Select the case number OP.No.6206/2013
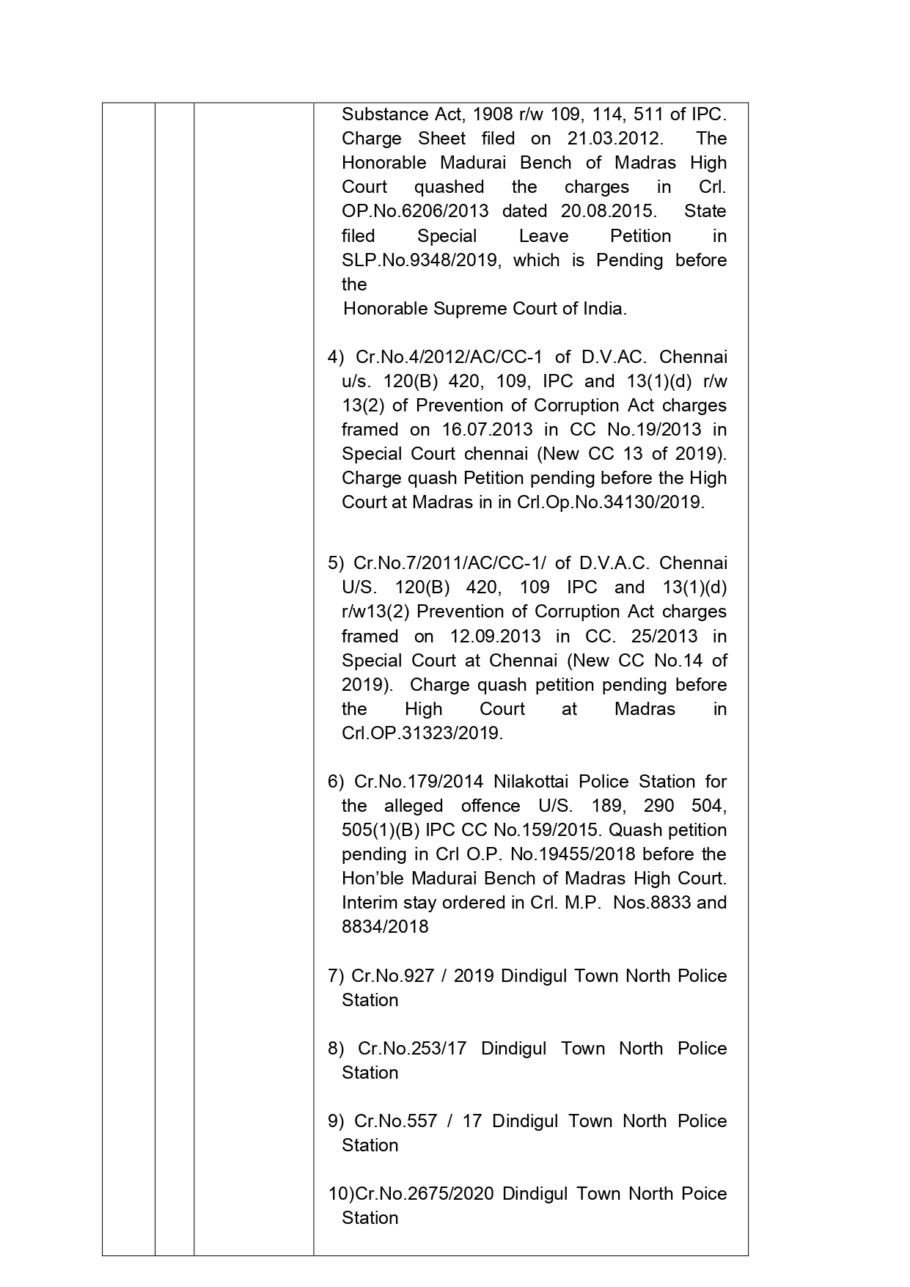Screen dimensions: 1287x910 [415, 211]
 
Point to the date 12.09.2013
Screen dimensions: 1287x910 [496, 637]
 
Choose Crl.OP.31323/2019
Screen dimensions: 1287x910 [422, 733]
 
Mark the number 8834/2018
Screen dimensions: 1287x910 [385, 927]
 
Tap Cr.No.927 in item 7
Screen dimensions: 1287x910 [392, 976]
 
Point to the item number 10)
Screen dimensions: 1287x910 [340, 1194]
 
